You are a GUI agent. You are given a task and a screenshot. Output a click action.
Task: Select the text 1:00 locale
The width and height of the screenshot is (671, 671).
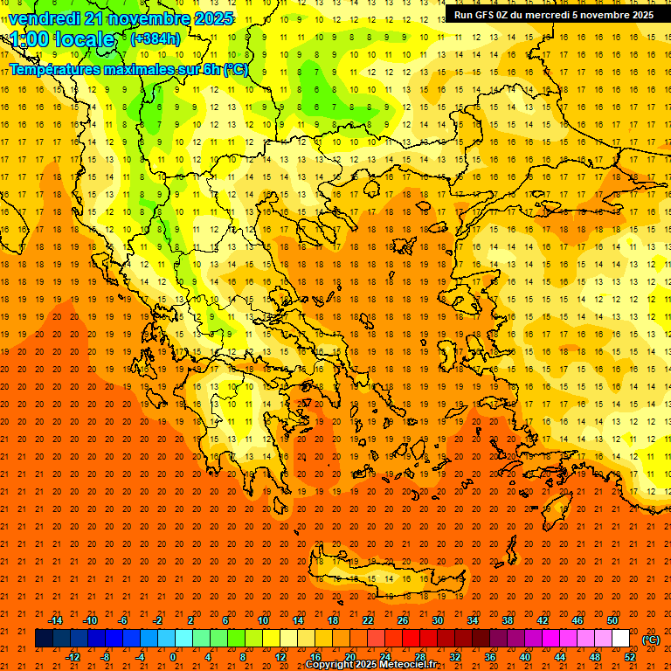(62, 39)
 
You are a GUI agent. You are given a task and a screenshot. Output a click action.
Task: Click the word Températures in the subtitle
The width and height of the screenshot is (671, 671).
(53, 69)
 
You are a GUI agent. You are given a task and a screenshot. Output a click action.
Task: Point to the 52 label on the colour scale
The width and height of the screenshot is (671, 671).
(630, 657)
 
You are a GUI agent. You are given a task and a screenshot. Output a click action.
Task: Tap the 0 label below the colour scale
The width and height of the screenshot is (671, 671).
(173, 657)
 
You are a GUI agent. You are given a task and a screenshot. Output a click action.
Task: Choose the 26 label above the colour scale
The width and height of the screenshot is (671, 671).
(403, 620)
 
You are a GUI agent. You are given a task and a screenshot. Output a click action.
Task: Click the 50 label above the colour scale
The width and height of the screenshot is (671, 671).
(612, 620)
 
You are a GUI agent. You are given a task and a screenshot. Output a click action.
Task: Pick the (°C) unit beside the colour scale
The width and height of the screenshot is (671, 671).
(651, 640)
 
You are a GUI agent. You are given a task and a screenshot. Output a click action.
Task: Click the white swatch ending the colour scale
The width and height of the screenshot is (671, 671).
(620, 639)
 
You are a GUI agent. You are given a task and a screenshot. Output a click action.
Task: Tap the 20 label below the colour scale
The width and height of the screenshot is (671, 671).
(349, 657)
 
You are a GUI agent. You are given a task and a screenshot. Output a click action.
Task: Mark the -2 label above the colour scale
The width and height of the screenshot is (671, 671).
(158, 620)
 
